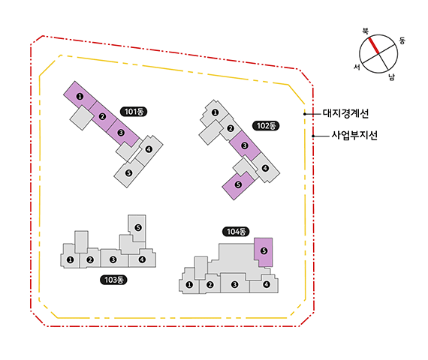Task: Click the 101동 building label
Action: [134, 112]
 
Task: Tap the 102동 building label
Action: [266, 126]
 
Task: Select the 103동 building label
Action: [113, 280]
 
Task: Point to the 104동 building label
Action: [236, 232]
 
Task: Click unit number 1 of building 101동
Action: [80, 96]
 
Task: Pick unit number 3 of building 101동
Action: [121, 133]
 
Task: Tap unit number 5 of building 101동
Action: [128, 172]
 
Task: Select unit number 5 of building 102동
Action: [238, 184]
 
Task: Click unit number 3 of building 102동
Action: [245, 145]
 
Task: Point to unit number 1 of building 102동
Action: [215, 112]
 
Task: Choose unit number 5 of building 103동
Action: [138, 227]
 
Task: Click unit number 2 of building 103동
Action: [90, 260]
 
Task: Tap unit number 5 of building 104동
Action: [264, 250]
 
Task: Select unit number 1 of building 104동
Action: [189, 285]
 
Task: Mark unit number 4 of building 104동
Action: [267, 284]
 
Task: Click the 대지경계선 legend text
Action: [345, 113]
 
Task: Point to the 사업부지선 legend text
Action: [354, 135]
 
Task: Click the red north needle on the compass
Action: [374, 46]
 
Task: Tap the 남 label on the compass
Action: [392, 77]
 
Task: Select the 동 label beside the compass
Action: [402, 40]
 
